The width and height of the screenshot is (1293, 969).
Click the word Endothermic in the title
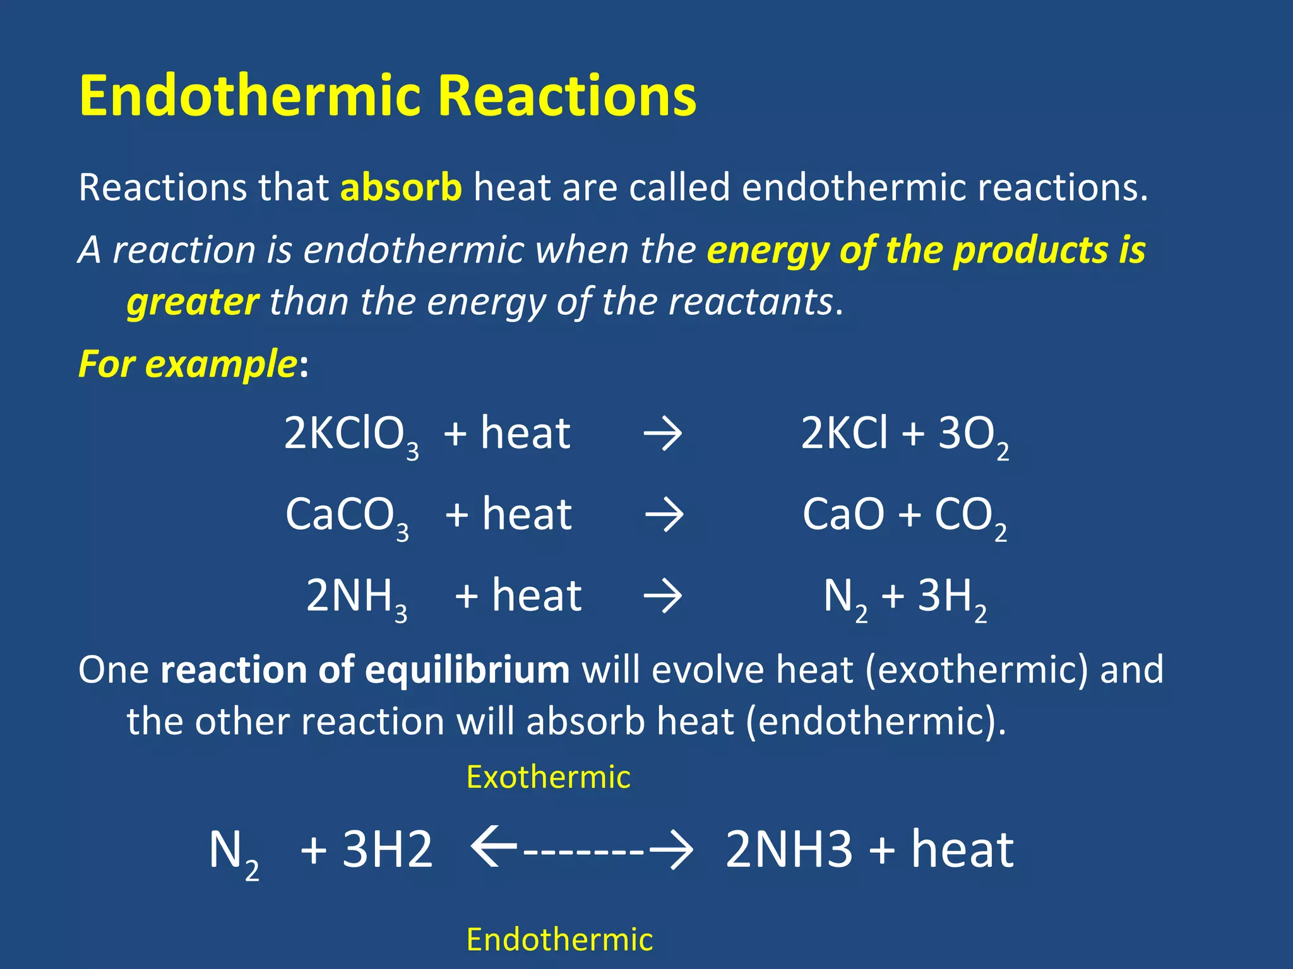(x=250, y=96)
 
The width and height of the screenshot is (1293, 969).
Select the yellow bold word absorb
(x=401, y=187)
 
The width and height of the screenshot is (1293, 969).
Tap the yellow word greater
(x=193, y=302)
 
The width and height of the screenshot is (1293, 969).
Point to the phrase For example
(x=188, y=365)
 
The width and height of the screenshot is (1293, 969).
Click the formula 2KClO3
(x=351, y=435)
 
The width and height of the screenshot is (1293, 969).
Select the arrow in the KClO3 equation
(x=662, y=435)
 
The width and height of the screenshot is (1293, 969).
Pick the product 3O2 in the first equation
(x=973, y=435)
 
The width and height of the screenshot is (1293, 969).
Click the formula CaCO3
(x=347, y=516)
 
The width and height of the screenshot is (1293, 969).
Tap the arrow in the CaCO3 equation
(x=664, y=515)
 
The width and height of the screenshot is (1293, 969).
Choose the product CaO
(x=843, y=515)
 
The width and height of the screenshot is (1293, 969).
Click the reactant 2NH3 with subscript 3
(x=356, y=597)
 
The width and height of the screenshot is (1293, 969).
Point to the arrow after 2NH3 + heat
(x=662, y=596)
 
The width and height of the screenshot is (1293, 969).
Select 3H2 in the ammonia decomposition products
(x=951, y=597)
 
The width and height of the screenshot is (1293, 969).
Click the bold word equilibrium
(x=467, y=669)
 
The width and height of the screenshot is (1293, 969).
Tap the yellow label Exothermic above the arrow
(x=548, y=777)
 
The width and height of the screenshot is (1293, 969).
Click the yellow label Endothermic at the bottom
(x=559, y=939)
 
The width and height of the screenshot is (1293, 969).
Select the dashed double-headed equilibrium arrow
(x=582, y=849)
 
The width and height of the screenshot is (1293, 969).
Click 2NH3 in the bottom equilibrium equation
(x=789, y=849)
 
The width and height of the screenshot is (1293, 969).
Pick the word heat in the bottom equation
(x=962, y=849)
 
